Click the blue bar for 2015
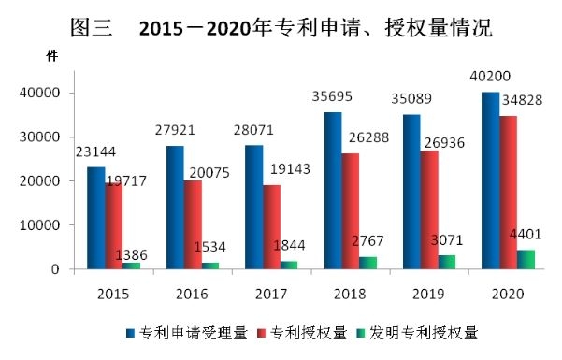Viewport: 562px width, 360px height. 96,218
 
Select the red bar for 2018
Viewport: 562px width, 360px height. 351,211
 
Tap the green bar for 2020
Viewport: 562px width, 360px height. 526,259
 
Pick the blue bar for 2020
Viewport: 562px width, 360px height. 491,180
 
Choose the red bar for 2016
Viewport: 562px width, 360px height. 193,224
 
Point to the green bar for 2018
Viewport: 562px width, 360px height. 368,263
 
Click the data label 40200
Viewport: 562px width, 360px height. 490,76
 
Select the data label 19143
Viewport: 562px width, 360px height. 290,169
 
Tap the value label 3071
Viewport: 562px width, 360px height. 447,240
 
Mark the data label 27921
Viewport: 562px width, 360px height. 175,130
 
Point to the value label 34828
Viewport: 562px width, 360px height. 522,100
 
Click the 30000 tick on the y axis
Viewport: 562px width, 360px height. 39,137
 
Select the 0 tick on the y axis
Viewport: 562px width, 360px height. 55,269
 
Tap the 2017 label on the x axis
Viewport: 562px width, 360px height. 271,294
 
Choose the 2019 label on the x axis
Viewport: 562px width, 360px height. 428,294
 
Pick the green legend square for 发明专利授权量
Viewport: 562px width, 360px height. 361,333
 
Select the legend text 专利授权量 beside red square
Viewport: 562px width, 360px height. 309,333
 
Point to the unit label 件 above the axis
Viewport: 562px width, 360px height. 52,55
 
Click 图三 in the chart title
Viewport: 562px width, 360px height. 91,28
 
